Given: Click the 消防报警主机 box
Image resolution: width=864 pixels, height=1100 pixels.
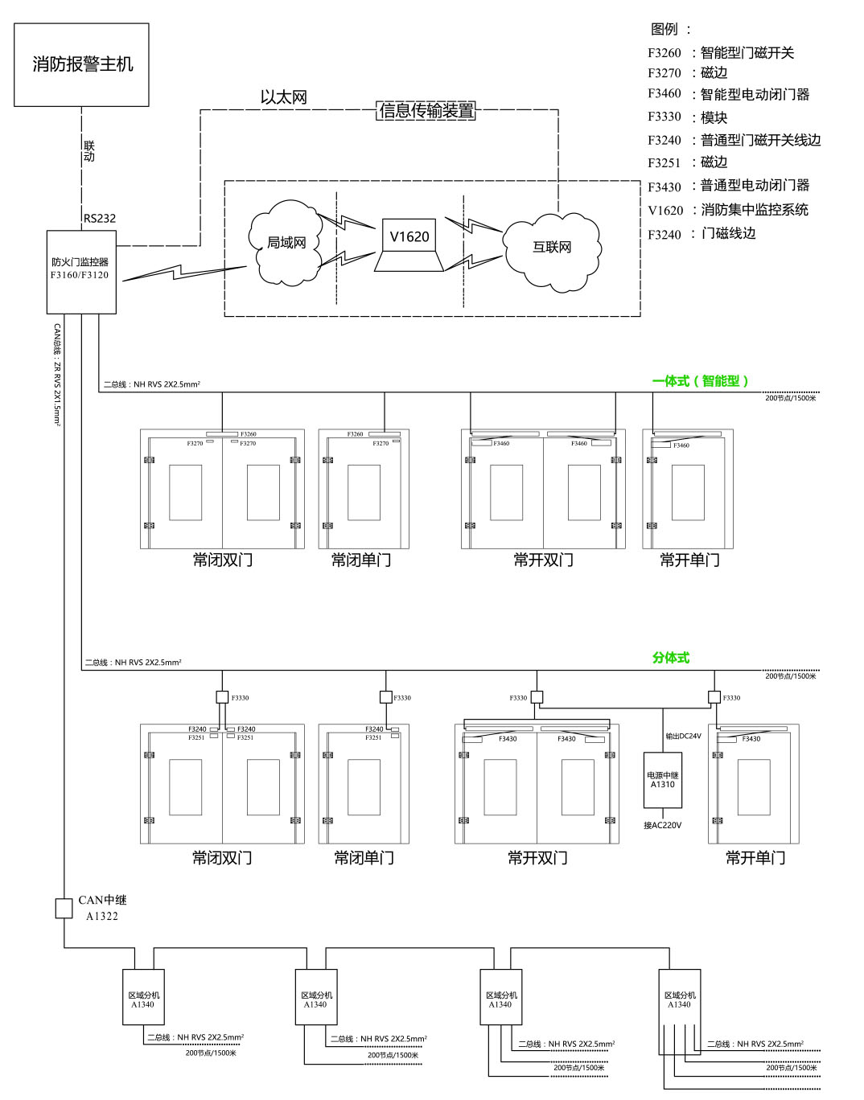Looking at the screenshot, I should point(81,64).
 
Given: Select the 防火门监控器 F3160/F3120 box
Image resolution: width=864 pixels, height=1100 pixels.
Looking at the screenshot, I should point(81,272).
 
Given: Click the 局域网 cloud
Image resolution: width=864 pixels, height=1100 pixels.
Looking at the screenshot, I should point(286,243).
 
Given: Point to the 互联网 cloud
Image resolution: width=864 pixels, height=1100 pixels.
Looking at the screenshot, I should point(552,248).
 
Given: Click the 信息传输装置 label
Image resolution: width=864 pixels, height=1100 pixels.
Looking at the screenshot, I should point(426,111).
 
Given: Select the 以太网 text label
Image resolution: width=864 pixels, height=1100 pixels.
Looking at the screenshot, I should point(283,97).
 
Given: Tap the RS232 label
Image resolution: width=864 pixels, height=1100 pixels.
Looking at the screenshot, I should point(100,218).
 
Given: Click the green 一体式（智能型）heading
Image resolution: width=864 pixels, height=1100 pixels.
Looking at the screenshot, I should point(700,381).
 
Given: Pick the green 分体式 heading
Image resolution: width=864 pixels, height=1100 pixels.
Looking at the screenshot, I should point(670,658).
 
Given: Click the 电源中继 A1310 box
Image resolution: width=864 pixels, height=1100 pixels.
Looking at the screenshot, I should point(662,780).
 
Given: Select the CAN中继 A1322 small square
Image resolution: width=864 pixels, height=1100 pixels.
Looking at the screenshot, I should point(64,909).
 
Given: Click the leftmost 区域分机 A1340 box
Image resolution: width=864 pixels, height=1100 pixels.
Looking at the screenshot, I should point(142,997).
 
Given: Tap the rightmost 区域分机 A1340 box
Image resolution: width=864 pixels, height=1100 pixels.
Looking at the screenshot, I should point(679,997).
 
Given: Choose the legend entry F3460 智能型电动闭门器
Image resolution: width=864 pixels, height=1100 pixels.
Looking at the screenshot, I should point(728,94).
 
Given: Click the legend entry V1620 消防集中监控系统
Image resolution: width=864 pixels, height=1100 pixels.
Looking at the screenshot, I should point(727,210).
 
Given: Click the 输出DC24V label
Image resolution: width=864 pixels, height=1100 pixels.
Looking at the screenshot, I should point(683,736).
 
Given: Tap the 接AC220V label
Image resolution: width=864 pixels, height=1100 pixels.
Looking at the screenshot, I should point(662,825).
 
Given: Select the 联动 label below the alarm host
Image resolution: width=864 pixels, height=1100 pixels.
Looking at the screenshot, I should point(88,150).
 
